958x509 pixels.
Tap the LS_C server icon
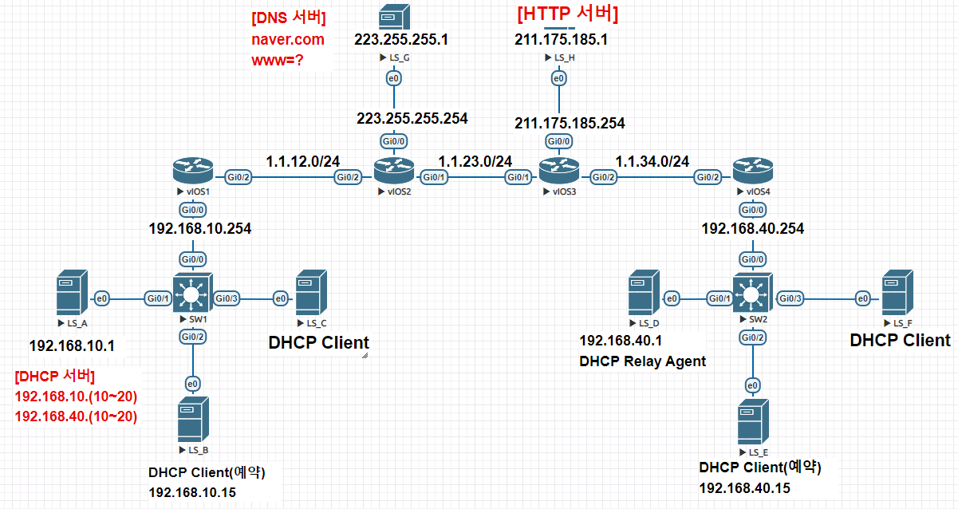pos(309,294)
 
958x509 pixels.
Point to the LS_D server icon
pos(642,294)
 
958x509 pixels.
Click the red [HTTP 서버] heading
pos(568,14)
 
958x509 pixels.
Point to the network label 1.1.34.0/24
pos(652,160)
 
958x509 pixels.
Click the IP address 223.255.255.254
pos(412,118)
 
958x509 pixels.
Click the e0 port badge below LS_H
pos(559,78)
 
